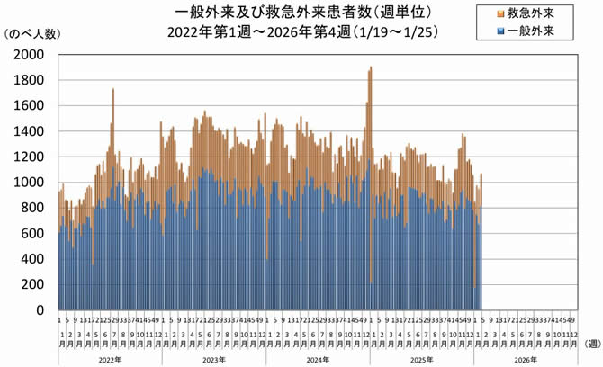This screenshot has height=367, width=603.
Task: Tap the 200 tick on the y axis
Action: (35, 285)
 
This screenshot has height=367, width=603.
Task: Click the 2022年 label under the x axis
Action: (109, 358)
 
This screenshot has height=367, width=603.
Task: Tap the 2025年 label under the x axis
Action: (419, 358)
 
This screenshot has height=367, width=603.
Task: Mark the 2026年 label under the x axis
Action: (523, 358)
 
